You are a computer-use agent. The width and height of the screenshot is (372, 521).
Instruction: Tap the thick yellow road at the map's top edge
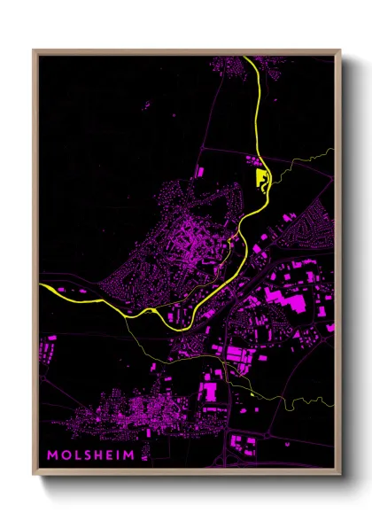[252, 62]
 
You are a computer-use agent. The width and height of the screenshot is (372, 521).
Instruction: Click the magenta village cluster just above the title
[133, 412]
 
